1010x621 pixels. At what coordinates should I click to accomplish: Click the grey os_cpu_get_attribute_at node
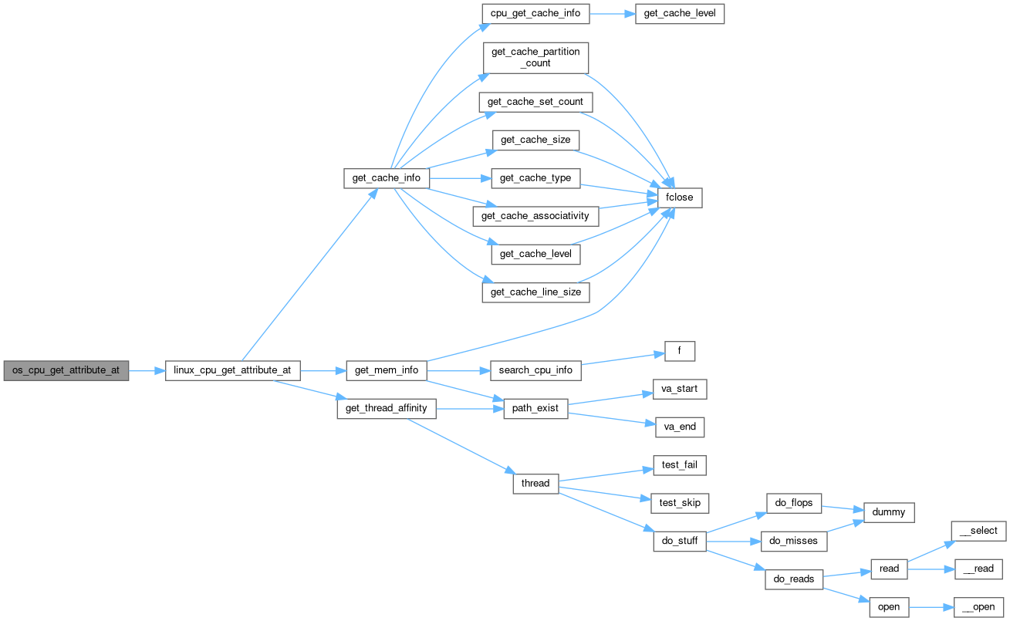(x=66, y=370)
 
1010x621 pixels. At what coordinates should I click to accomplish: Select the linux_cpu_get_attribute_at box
(x=232, y=370)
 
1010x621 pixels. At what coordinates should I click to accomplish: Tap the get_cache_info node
(x=386, y=178)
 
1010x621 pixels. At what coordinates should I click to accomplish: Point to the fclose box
(x=679, y=197)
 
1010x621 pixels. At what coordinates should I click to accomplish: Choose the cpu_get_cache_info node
(x=535, y=15)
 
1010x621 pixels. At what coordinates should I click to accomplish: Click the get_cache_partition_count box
(x=535, y=58)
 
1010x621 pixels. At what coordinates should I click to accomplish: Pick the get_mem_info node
(x=386, y=370)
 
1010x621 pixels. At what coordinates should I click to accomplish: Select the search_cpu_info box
(x=536, y=370)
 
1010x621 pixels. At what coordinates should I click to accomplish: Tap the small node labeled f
(x=679, y=352)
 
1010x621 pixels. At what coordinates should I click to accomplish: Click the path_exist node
(x=535, y=409)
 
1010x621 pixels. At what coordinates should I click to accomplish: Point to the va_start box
(x=679, y=389)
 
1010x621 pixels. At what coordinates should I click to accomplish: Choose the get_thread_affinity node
(x=386, y=408)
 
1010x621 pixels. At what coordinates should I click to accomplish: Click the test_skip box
(x=680, y=503)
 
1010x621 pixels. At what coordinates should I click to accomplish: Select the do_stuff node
(x=680, y=541)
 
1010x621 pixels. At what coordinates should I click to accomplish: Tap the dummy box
(x=889, y=512)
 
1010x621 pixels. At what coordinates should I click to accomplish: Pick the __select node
(x=978, y=531)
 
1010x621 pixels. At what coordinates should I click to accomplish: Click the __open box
(x=978, y=607)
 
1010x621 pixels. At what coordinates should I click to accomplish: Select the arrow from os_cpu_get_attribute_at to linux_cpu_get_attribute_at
(x=147, y=371)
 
